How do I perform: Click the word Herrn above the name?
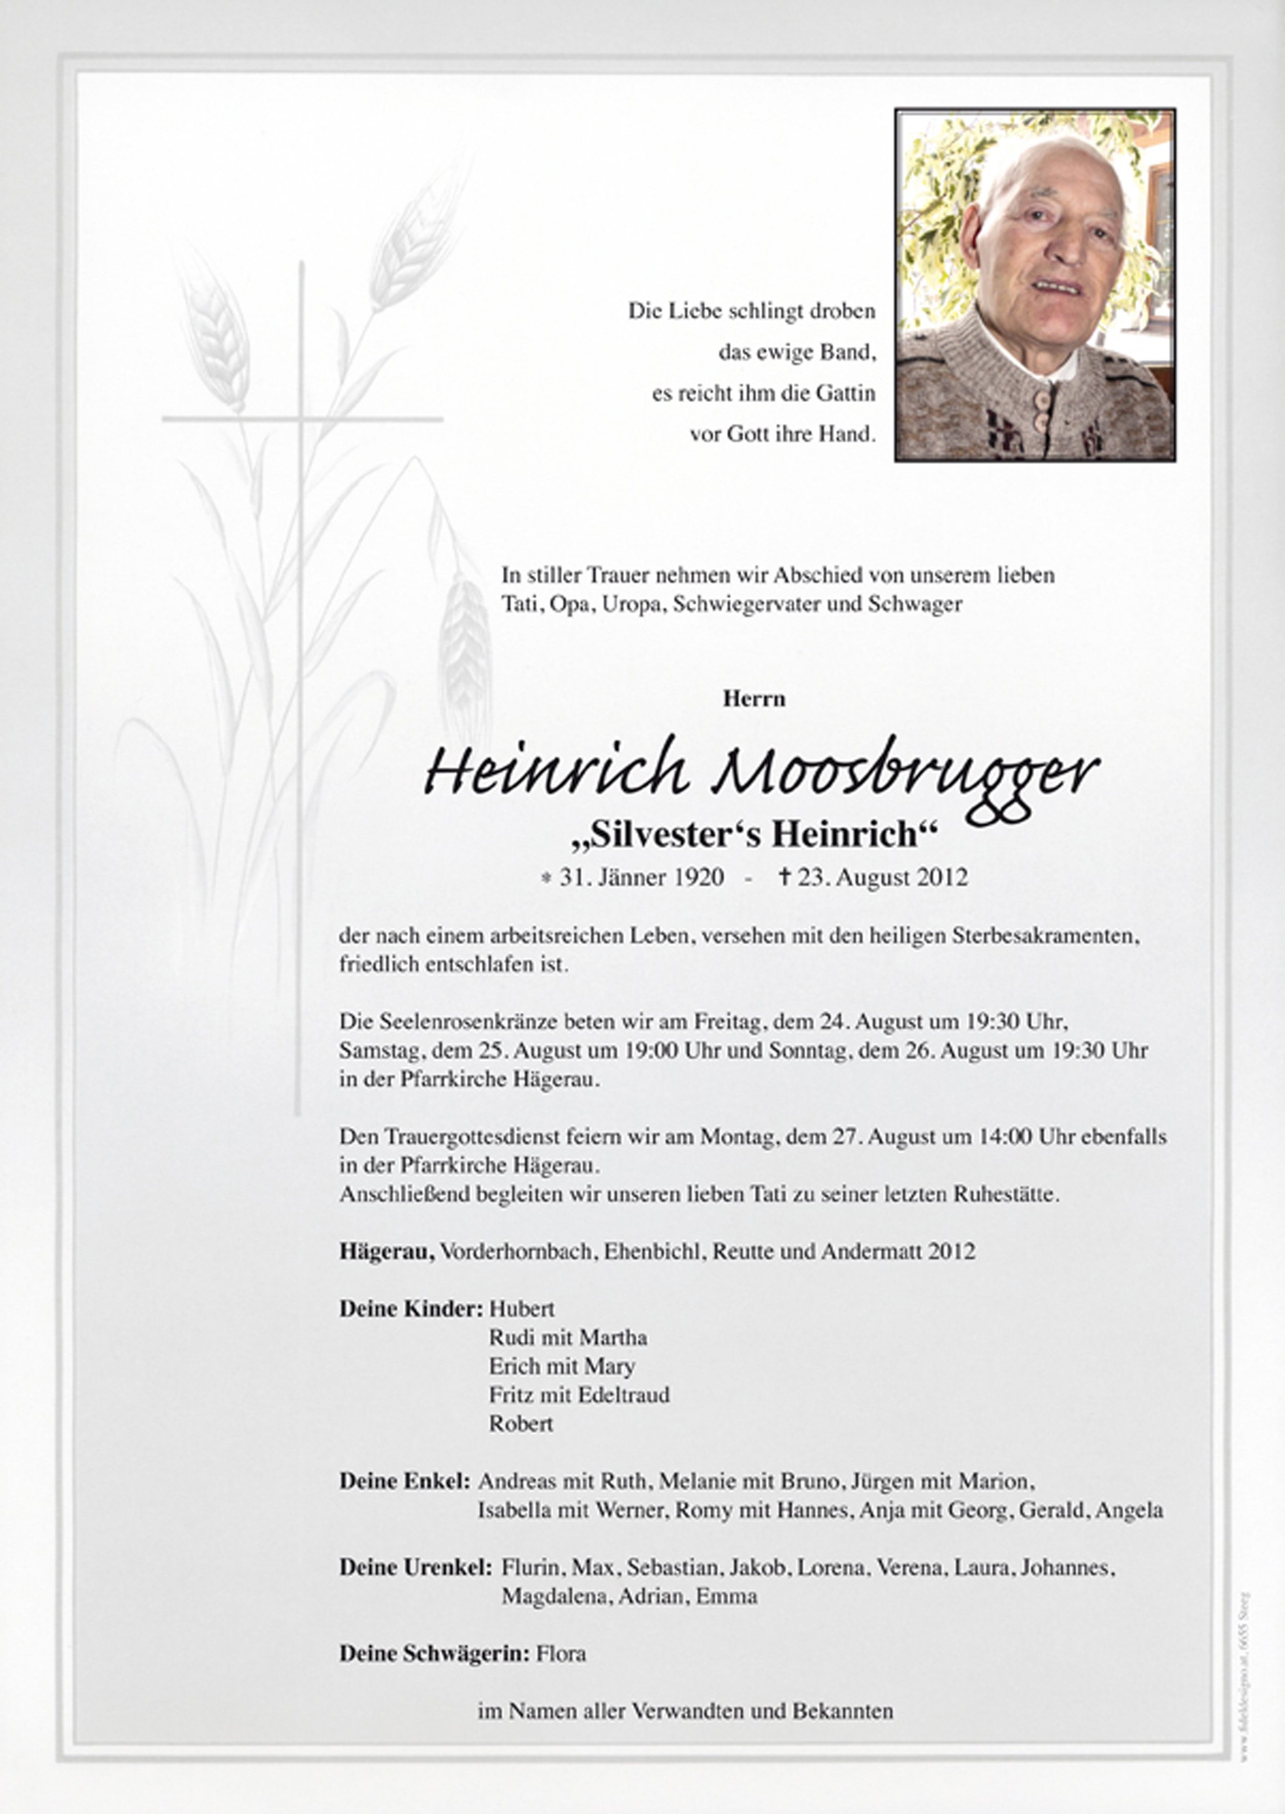point(753,700)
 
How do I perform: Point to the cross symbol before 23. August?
point(785,877)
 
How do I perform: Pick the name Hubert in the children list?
point(521,1309)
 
